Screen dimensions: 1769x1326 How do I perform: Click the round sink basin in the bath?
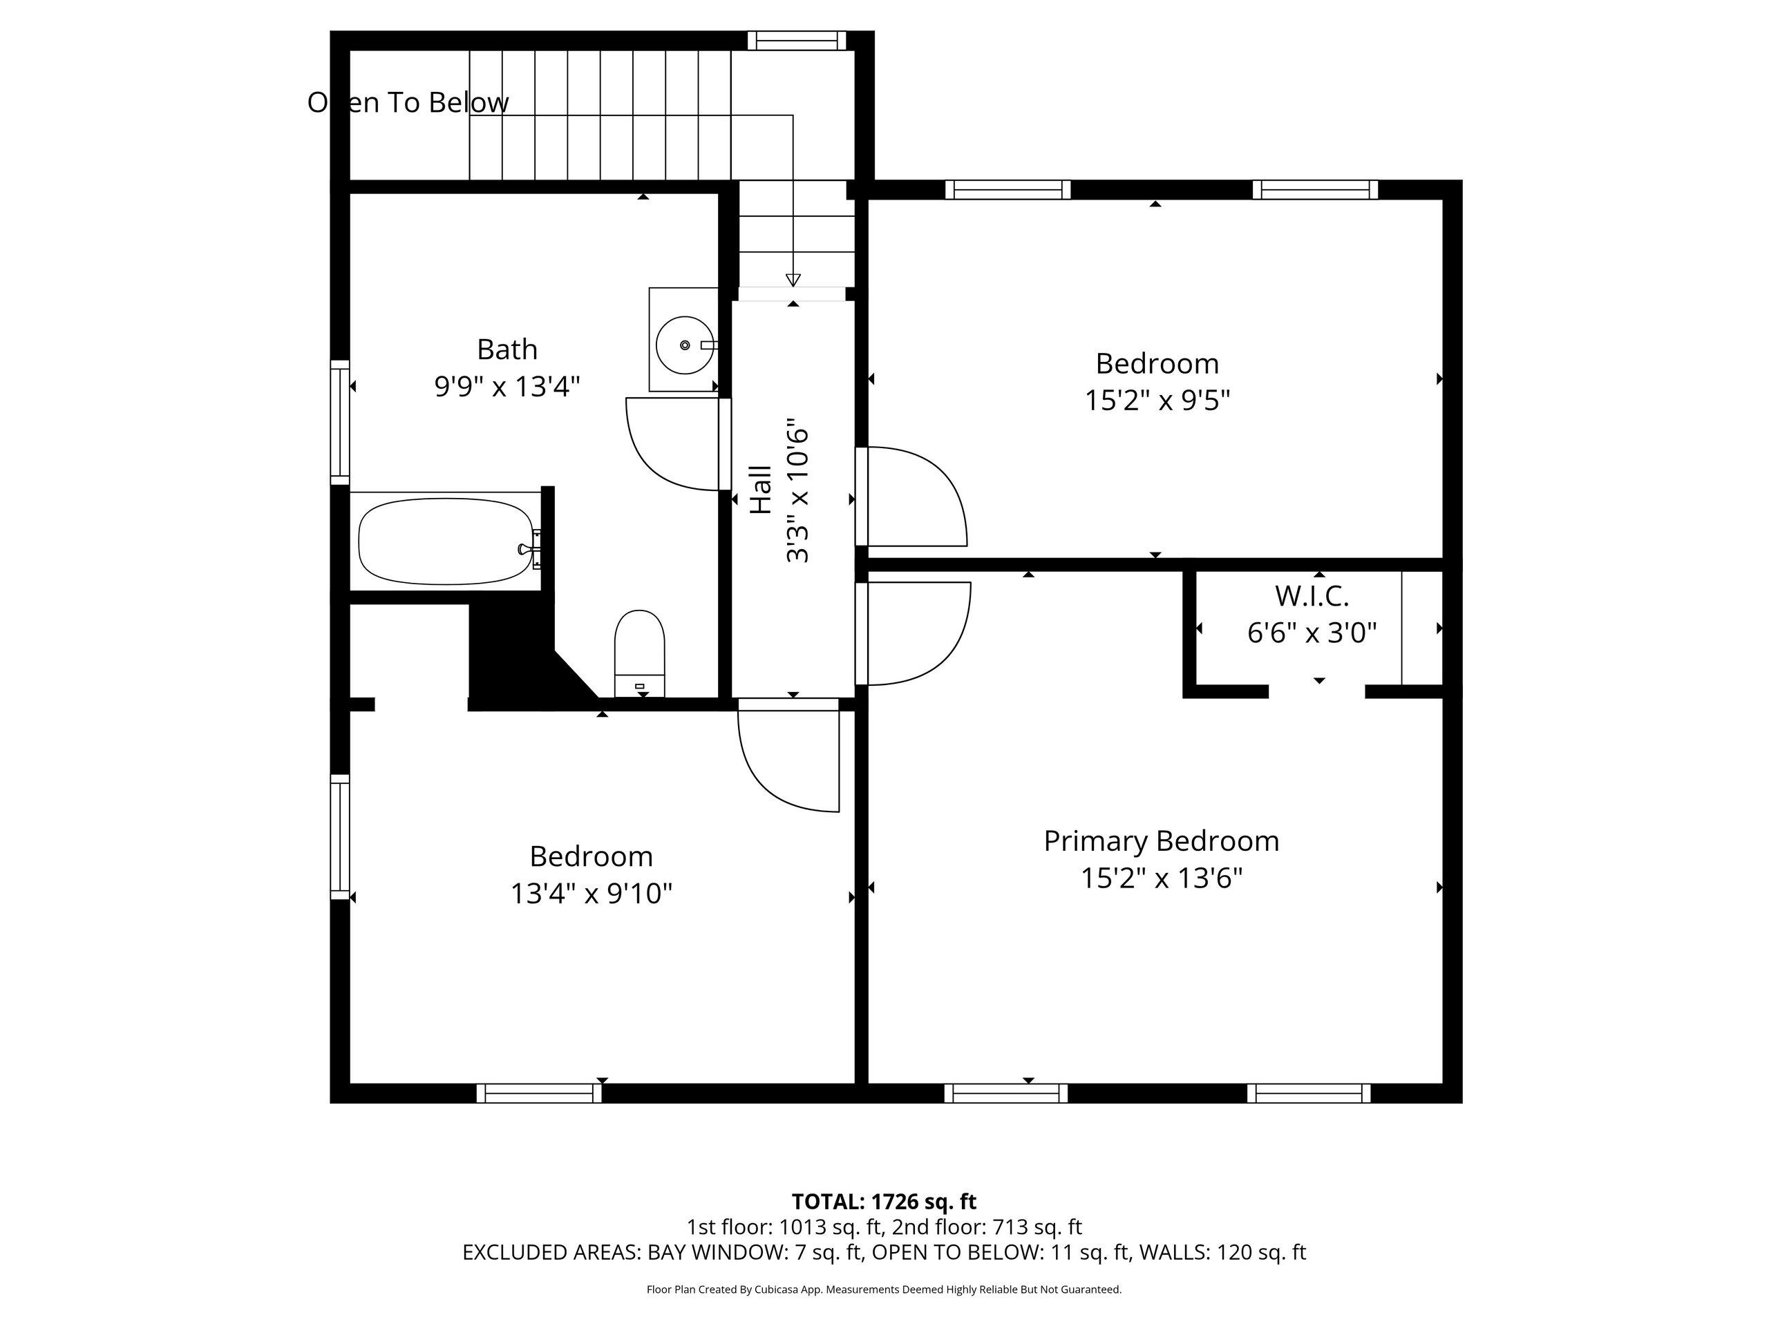[685, 345]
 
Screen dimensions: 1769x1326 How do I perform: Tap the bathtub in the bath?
[447, 541]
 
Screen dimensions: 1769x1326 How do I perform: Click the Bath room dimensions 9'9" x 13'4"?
[507, 387]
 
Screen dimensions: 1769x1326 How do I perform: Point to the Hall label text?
[761, 490]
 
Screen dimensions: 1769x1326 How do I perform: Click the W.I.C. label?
[1312, 595]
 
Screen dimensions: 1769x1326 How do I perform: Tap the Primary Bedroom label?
[1161, 841]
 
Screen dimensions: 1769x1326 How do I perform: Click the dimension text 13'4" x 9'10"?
[591, 893]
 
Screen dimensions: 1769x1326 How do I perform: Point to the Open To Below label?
[408, 102]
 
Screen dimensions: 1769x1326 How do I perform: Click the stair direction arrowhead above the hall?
[793, 280]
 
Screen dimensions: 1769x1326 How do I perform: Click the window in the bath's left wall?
[340, 422]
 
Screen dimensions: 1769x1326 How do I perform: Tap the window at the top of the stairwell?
[797, 40]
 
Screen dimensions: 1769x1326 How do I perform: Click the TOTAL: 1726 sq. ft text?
[884, 1201]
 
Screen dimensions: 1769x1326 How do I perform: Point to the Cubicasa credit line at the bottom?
[884, 1289]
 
